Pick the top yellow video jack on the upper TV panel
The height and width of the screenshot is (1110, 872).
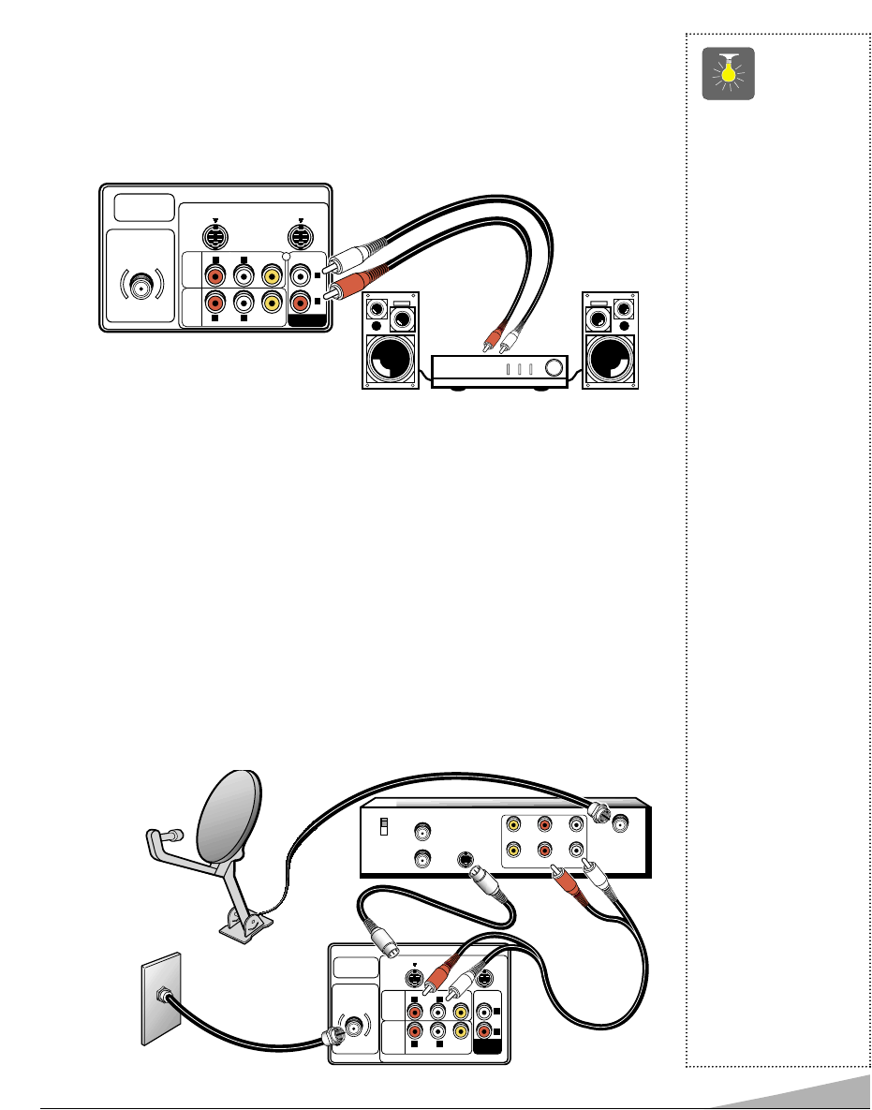point(272,276)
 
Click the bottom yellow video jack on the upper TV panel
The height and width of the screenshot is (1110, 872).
point(272,303)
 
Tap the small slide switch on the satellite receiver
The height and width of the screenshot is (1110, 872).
point(382,828)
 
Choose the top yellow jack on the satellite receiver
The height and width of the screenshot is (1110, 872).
point(514,825)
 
